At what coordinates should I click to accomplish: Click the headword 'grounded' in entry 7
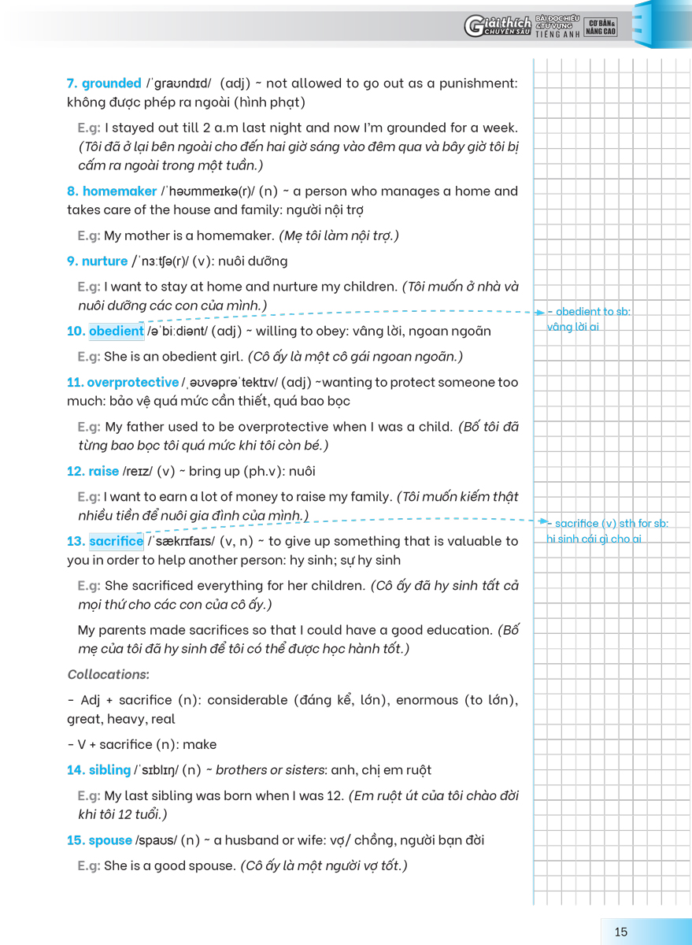(111, 83)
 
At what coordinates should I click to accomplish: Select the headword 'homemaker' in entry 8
(120, 191)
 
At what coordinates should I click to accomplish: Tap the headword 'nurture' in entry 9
(105, 261)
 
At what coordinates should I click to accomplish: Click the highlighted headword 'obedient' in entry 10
(116, 332)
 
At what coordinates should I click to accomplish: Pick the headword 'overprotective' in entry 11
(132, 383)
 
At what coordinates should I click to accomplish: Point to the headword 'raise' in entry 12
(103, 472)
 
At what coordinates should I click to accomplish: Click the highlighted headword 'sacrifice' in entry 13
(116, 542)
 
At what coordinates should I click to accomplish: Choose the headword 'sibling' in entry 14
(109, 770)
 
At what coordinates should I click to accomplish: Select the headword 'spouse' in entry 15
(110, 840)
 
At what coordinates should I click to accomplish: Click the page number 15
(621, 932)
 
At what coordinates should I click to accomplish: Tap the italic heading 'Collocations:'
(109, 675)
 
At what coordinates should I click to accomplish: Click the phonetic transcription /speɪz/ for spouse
(156, 840)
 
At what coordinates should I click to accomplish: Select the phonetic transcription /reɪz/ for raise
(138, 472)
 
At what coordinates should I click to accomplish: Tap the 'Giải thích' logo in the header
(498, 27)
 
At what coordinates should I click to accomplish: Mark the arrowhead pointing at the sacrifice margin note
(543, 522)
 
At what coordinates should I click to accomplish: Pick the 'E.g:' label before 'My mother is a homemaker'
(89, 235)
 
